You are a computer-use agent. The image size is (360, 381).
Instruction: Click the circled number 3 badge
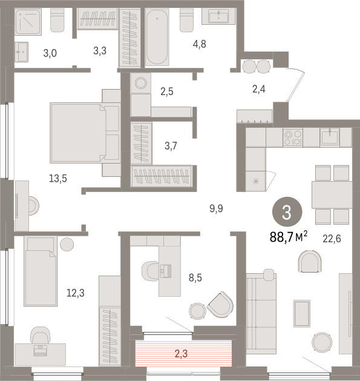(x=287, y=212)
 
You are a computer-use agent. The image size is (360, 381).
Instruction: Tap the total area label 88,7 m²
(x=289, y=237)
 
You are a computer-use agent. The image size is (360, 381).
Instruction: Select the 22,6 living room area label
(x=332, y=239)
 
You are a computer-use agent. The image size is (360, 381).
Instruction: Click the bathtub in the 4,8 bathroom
(x=157, y=37)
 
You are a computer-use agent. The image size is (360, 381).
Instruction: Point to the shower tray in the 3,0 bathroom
(x=28, y=22)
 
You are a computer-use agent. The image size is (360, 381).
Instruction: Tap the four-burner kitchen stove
(x=293, y=137)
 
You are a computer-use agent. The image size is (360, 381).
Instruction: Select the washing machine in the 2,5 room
(x=141, y=84)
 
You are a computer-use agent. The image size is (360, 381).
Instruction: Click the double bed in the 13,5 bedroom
(x=85, y=133)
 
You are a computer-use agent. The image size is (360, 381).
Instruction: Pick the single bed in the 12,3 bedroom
(x=41, y=271)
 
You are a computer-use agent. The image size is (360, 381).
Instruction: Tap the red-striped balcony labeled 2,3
(x=183, y=353)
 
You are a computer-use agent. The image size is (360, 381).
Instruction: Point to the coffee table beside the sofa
(x=302, y=313)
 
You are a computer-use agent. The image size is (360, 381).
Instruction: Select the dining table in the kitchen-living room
(x=332, y=194)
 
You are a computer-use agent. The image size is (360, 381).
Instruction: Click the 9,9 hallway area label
(x=216, y=208)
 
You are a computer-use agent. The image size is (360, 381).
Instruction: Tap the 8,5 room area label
(x=195, y=277)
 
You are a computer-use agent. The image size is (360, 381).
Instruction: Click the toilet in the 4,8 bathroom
(x=187, y=21)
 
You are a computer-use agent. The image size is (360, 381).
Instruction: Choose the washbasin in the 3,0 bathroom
(x=21, y=51)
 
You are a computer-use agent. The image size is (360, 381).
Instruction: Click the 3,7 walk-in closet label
(x=171, y=146)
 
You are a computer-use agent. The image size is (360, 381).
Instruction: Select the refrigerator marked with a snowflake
(x=255, y=181)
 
